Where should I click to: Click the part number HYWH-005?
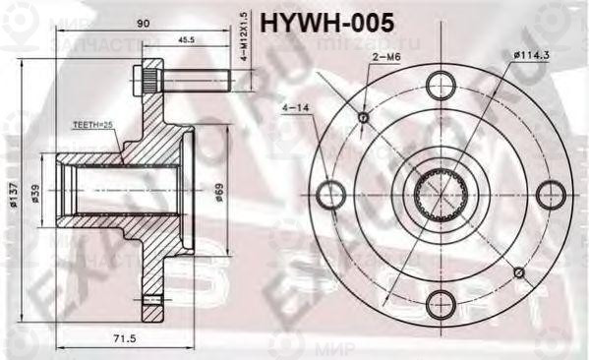326,19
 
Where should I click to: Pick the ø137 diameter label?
14,196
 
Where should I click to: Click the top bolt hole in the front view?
440,84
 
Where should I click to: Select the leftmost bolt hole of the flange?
331,194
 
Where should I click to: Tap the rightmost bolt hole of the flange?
550,194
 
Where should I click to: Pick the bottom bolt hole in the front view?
440,304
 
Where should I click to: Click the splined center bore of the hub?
440,194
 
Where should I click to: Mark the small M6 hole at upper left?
363,118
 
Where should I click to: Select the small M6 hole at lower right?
518,270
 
